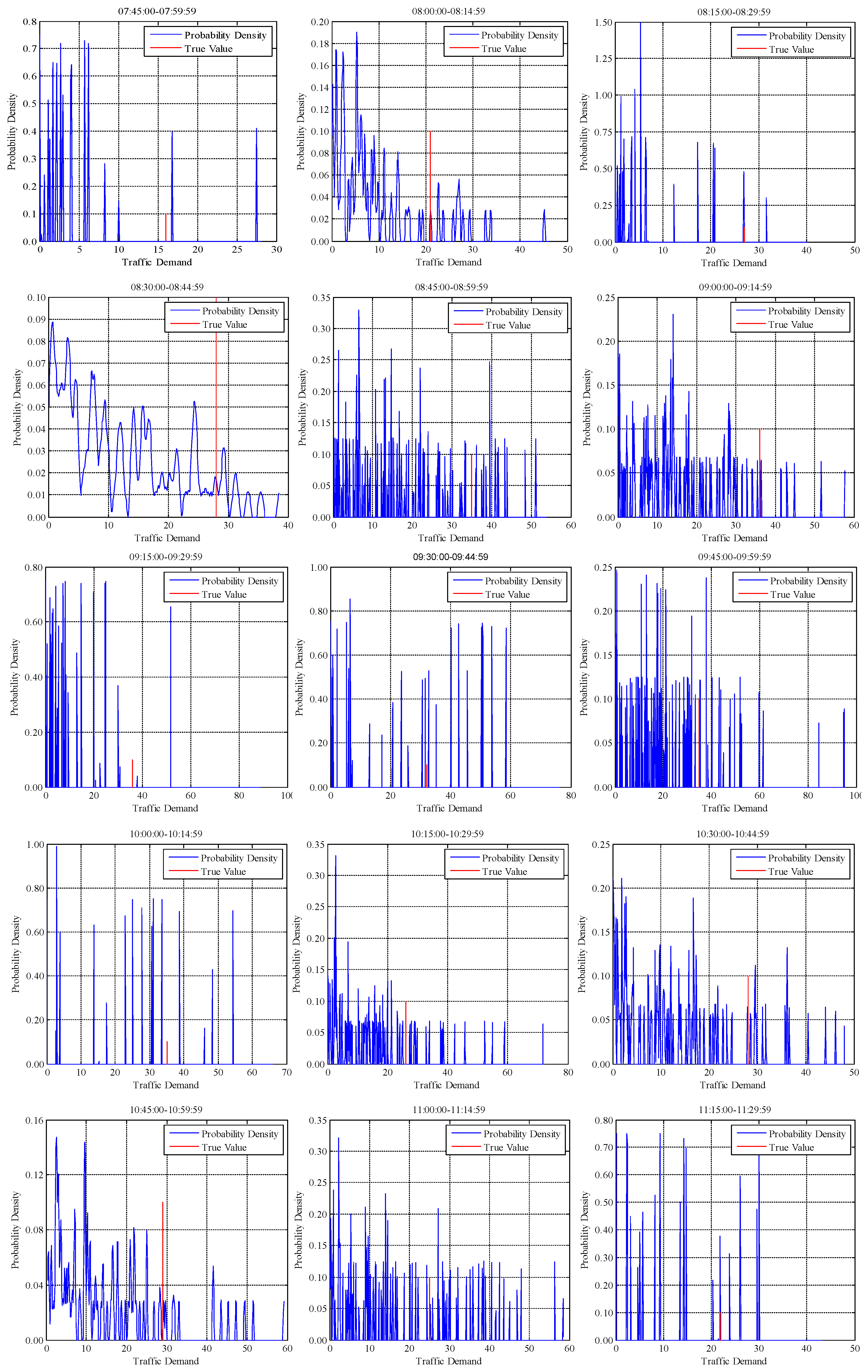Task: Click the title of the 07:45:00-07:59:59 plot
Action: pyautogui.click(x=157, y=11)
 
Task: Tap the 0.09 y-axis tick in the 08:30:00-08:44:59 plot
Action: pyautogui.click(x=36, y=319)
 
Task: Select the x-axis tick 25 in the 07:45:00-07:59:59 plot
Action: pyautogui.click(x=237, y=249)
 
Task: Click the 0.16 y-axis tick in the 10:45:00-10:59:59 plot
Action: pyautogui.click(x=34, y=1120)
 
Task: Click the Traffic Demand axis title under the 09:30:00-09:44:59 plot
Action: pyautogui.click(x=449, y=808)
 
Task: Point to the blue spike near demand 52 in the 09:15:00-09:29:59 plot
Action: pyautogui.click(x=170, y=695)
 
